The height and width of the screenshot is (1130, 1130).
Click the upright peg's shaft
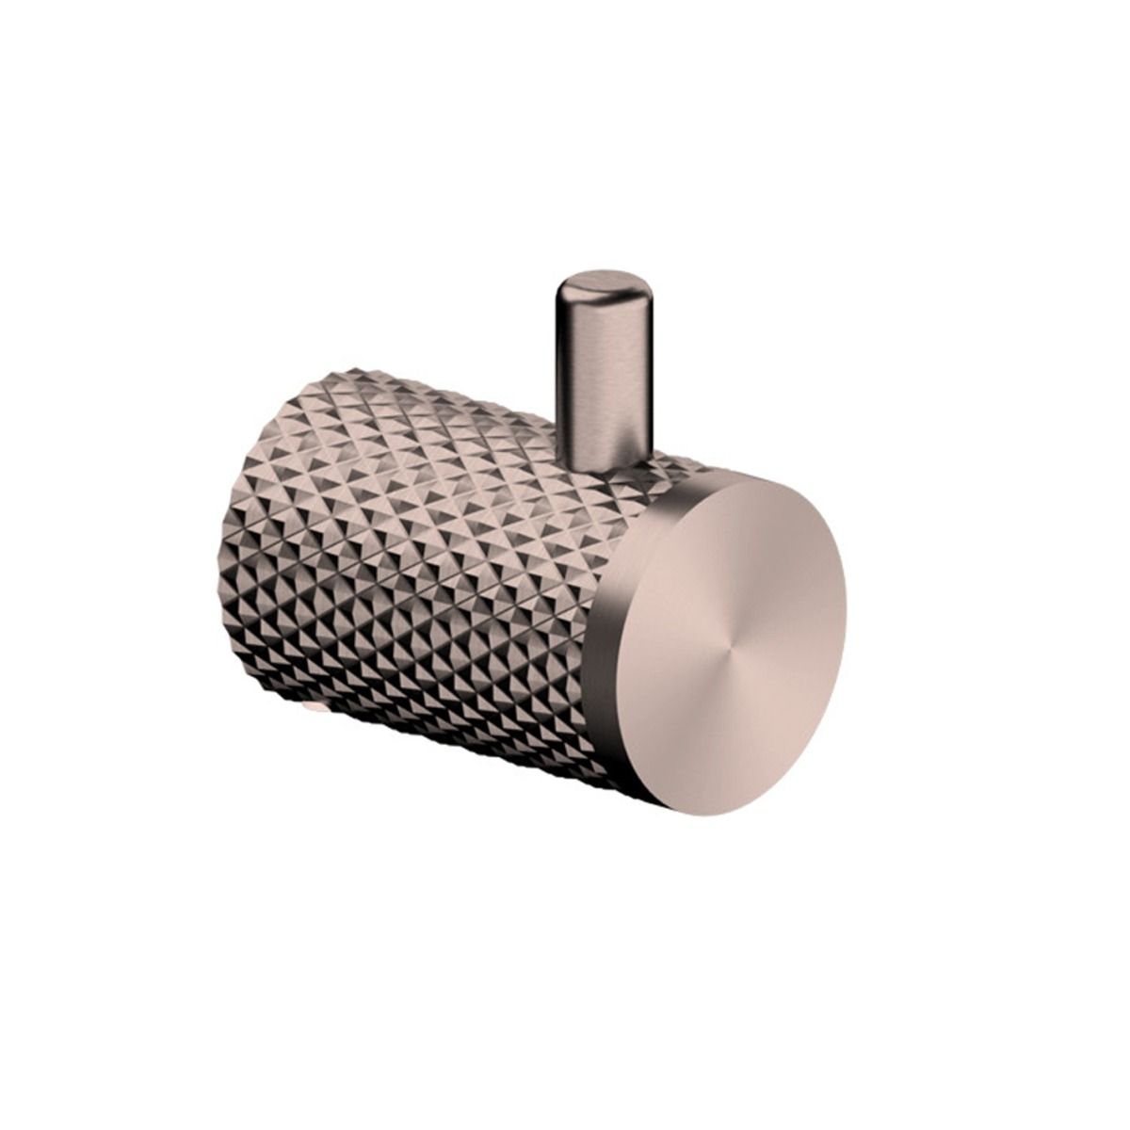[x=603, y=377]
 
